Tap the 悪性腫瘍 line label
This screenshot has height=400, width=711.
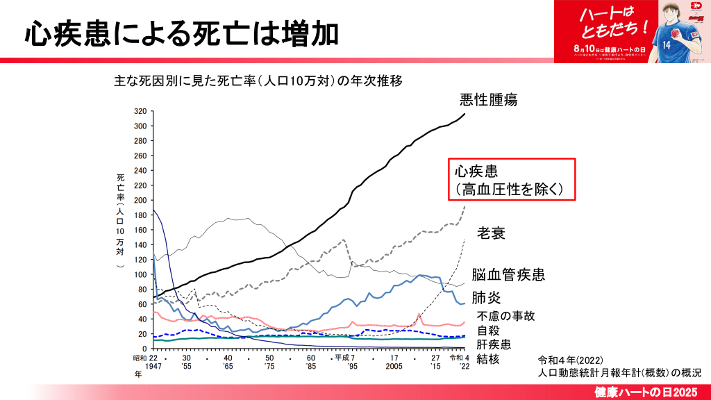click(489, 100)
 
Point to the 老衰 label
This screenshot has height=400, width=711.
click(490, 233)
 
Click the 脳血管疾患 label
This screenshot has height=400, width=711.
click(508, 275)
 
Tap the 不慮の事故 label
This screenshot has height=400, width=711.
click(505, 316)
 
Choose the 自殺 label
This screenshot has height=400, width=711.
click(488, 330)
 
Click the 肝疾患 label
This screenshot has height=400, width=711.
click(494, 344)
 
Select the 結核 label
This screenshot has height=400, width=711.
click(488, 359)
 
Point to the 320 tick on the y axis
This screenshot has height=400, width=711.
click(140, 111)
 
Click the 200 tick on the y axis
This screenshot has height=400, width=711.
click(140, 200)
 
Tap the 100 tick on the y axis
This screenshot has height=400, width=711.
click(140, 274)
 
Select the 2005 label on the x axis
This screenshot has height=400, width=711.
click(394, 366)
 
